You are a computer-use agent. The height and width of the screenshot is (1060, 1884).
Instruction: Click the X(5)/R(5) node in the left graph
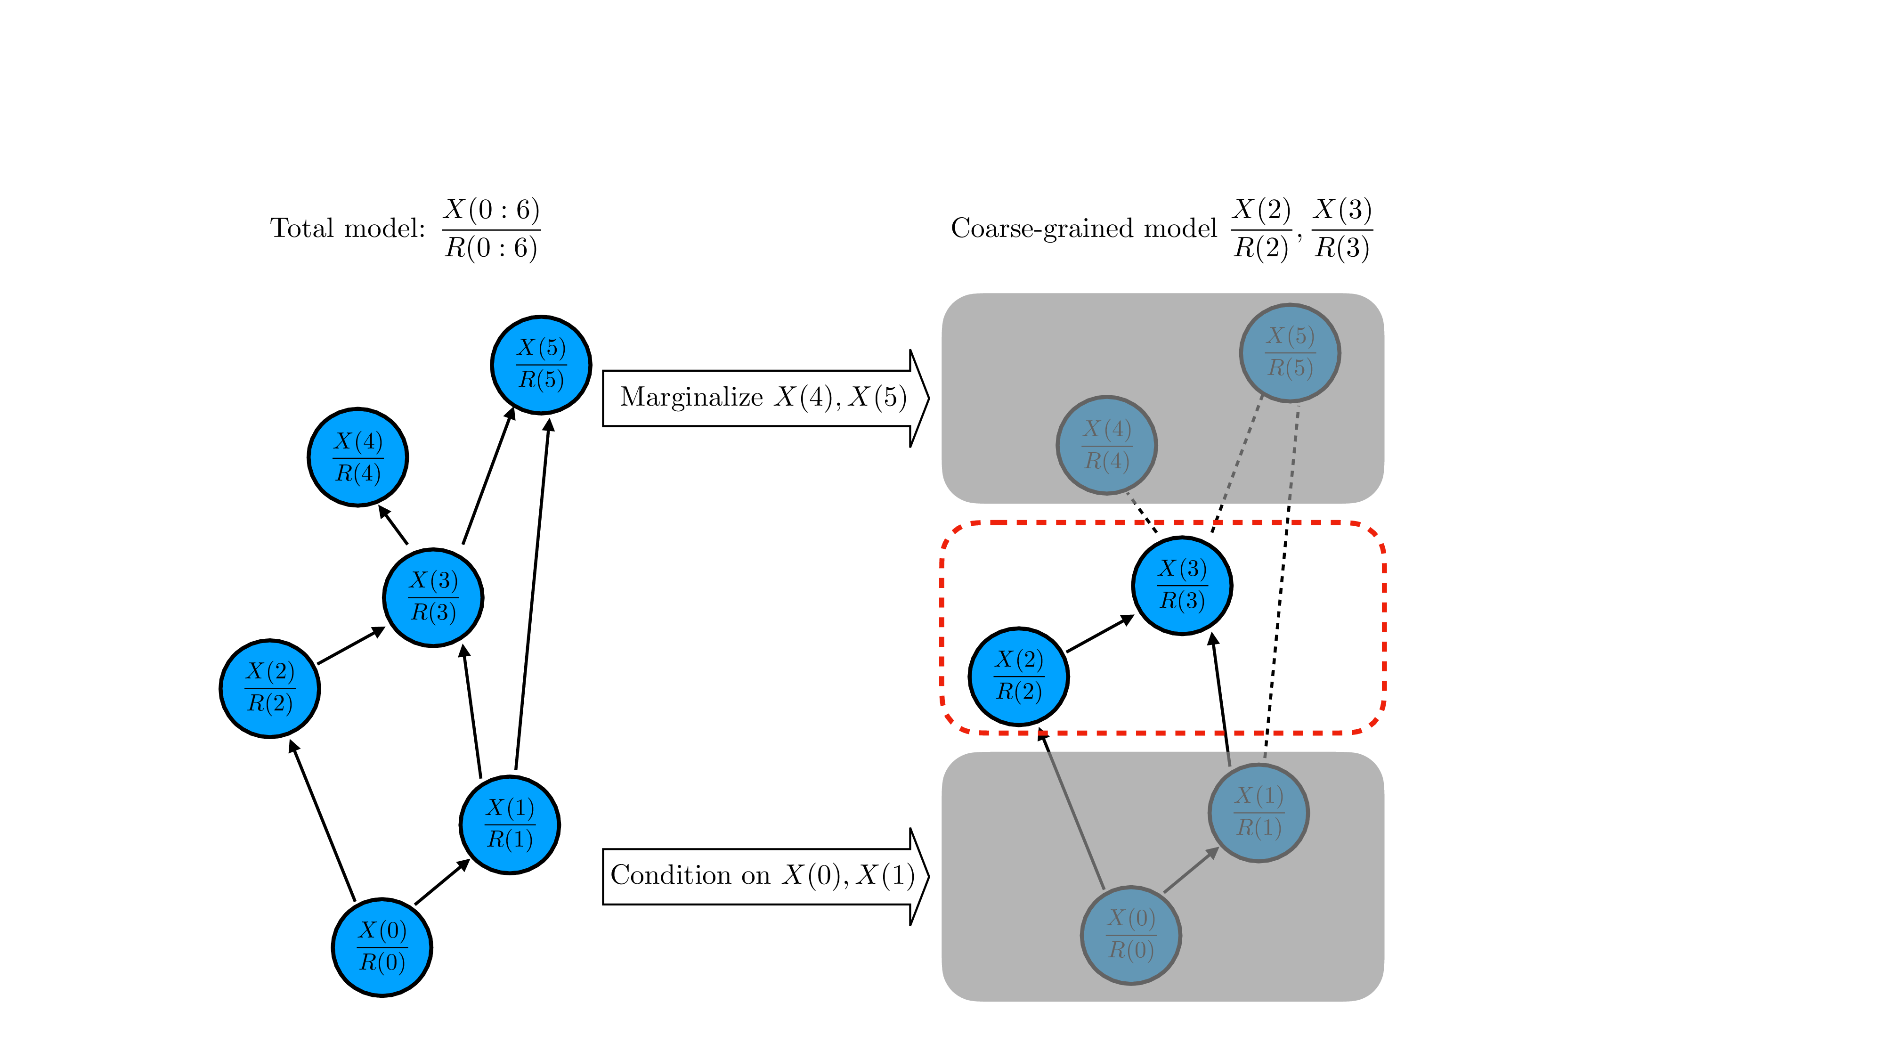(x=541, y=364)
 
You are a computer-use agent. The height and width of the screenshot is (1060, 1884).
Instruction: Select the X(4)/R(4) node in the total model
(x=357, y=457)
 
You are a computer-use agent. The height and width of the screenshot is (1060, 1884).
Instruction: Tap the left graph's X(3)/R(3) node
(x=433, y=597)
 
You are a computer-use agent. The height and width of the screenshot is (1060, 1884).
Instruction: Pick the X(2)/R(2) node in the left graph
(x=270, y=688)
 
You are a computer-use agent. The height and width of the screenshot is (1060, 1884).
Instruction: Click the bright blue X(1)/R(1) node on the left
(x=510, y=824)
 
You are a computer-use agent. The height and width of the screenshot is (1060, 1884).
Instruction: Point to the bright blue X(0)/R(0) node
(x=382, y=946)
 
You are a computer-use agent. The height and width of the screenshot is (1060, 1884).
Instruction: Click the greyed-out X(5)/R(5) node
(x=1290, y=352)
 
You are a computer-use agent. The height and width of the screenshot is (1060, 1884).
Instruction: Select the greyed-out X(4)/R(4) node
(x=1106, y=445)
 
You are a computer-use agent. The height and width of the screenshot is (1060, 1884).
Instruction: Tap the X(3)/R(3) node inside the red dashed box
(x=1182, y=585)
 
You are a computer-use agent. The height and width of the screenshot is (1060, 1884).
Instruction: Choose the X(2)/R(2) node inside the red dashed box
(x=1019, y=676)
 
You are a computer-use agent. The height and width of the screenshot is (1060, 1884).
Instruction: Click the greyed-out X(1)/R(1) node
(x=1259, y=813)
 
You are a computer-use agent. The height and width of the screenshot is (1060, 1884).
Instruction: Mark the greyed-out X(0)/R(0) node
(x=1131, y=935)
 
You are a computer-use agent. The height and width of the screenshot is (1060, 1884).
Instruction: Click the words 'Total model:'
(x=348, y=228)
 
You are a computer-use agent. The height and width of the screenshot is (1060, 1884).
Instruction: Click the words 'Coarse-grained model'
(x=1084, y=228)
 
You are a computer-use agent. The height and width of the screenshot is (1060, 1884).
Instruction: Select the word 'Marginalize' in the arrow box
(x=691, y=397)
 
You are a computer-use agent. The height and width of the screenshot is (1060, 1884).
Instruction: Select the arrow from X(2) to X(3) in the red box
(x=1100, y=634)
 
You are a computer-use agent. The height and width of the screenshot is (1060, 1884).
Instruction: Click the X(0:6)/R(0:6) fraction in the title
(x=491, y=228)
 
